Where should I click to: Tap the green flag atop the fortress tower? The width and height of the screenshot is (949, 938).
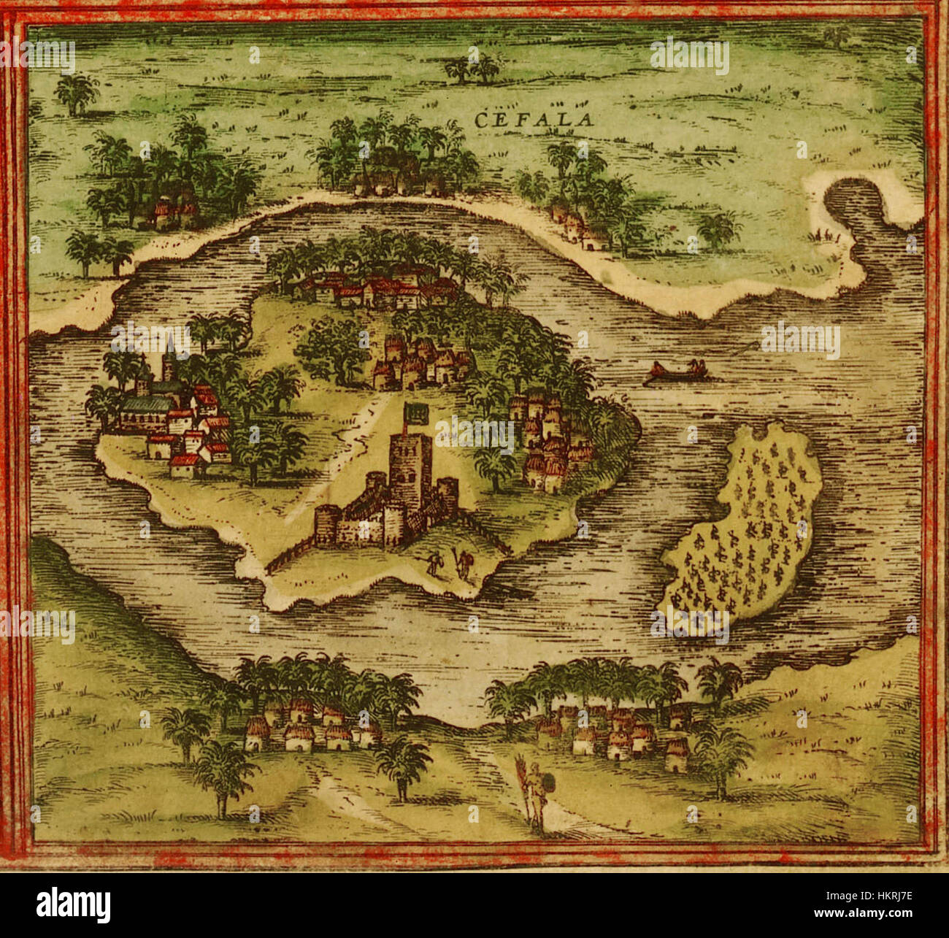414,415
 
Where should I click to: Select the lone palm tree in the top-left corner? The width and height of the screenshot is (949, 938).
76,93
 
